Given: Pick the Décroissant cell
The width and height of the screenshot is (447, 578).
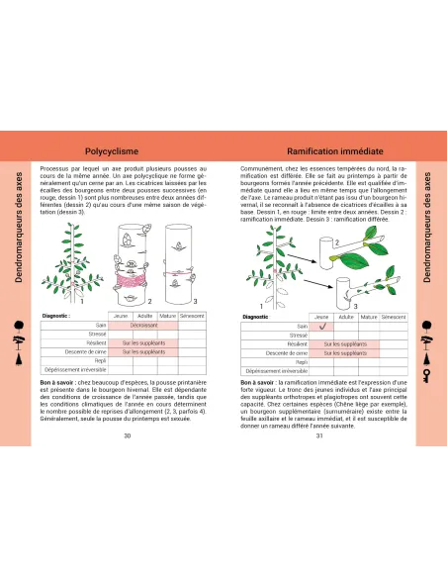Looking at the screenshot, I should (x=144, y=324).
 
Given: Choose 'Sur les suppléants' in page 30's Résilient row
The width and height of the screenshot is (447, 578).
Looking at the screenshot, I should (x=144, y=341).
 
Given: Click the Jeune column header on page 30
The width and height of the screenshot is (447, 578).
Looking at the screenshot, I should (x=123, y=315).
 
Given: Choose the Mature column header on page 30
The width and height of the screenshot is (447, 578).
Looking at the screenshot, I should (x=168, y=315).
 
